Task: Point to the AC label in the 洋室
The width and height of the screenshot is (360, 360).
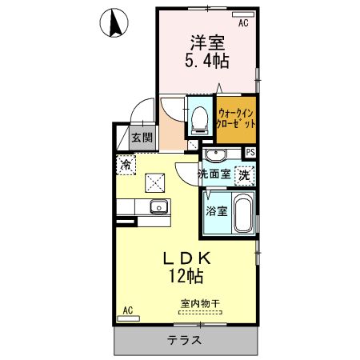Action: point(242,24)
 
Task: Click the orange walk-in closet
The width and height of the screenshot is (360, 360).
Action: point(236,120)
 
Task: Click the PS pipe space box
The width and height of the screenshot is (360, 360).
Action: point(250,153)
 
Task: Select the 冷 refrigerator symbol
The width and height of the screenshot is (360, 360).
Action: point(126,165)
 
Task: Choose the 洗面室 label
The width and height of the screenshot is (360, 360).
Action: point(214,173)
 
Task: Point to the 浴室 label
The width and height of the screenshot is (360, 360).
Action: point(216,212)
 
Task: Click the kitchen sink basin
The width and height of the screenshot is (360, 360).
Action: point(158,209)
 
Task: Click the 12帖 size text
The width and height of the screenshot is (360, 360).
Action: point(186,277)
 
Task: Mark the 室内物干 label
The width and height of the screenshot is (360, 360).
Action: point(200,304)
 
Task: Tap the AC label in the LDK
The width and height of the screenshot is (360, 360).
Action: point(127,310)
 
